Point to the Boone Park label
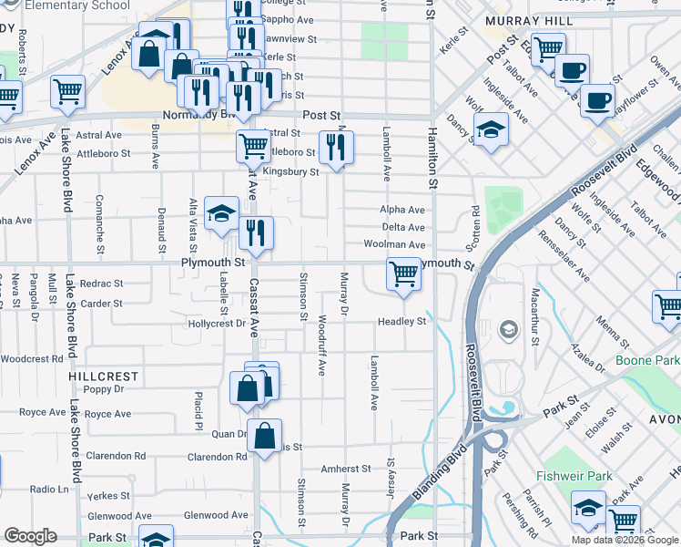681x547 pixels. (x=646, y=361)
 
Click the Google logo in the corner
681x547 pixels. (x=30, y=536)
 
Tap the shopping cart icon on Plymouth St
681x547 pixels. (x=403, y=273)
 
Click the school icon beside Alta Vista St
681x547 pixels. (x=220, y=213)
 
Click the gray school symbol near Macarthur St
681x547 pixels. (x=509, y=329)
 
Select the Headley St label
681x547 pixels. (x=402, y=322)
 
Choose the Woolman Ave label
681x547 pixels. (x=394, y=245)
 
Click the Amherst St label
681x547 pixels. (x=345, y=469)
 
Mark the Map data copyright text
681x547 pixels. (x=624, y=540)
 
